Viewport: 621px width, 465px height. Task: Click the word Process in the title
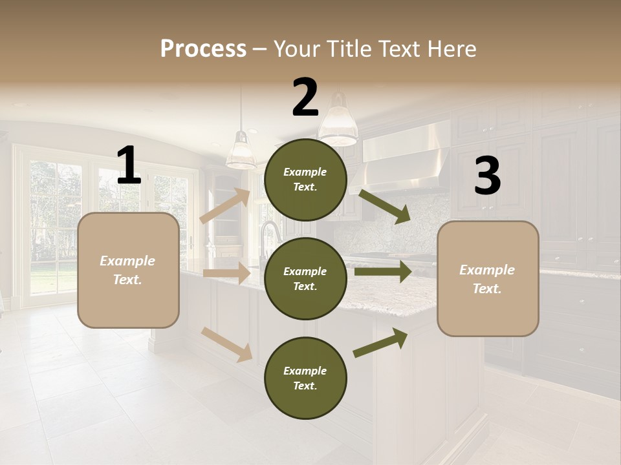203,48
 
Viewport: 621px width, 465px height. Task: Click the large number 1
129,166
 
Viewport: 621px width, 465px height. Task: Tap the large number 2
305,98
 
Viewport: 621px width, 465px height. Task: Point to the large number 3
487,176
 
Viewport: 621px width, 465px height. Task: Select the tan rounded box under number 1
128,270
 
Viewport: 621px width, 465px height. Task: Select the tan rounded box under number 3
488,279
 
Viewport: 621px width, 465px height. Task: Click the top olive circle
305,180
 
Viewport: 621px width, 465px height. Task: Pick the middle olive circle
305,278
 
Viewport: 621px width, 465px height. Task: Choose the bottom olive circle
305,378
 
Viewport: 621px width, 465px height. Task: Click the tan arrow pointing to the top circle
225,205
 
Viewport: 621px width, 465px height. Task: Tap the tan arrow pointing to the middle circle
226,273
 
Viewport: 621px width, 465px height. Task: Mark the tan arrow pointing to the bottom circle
226,344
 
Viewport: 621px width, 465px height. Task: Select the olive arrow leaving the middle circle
383,271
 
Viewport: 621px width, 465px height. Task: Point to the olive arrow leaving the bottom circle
380,342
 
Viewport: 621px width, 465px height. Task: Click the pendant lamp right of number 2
338,123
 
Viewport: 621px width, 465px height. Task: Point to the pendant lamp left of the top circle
241,151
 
